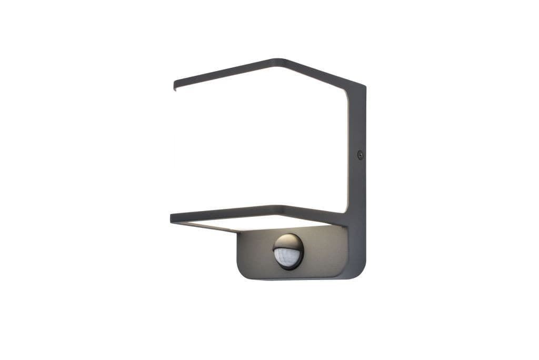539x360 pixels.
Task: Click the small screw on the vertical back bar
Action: (x=360, y=155)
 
